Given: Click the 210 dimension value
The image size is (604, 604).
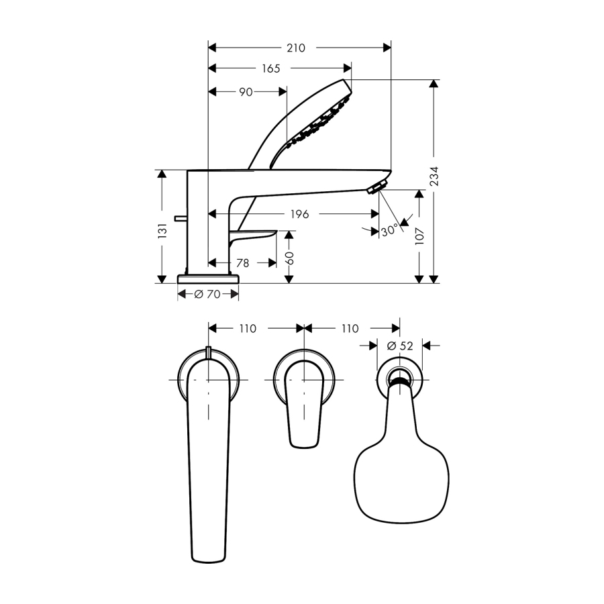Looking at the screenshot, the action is click(x=296, y=48).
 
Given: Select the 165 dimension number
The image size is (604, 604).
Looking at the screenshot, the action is click(x=271, y=68).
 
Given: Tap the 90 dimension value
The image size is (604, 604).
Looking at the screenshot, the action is click(x=246, y=92).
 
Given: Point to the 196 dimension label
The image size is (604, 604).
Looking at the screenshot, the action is click(x=300, y=214).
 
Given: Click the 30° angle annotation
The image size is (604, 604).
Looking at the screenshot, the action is click(x=389, y=231).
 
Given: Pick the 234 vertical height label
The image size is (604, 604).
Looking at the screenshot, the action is click(x=434, y=176).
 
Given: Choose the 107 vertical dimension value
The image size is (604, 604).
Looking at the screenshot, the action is click(x=419, y=236).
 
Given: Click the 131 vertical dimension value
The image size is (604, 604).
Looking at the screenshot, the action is click(x=162, y=230).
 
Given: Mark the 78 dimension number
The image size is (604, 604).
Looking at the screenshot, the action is click(x=242, y=263).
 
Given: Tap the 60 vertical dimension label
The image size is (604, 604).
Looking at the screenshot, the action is click(x=289, y=258).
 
